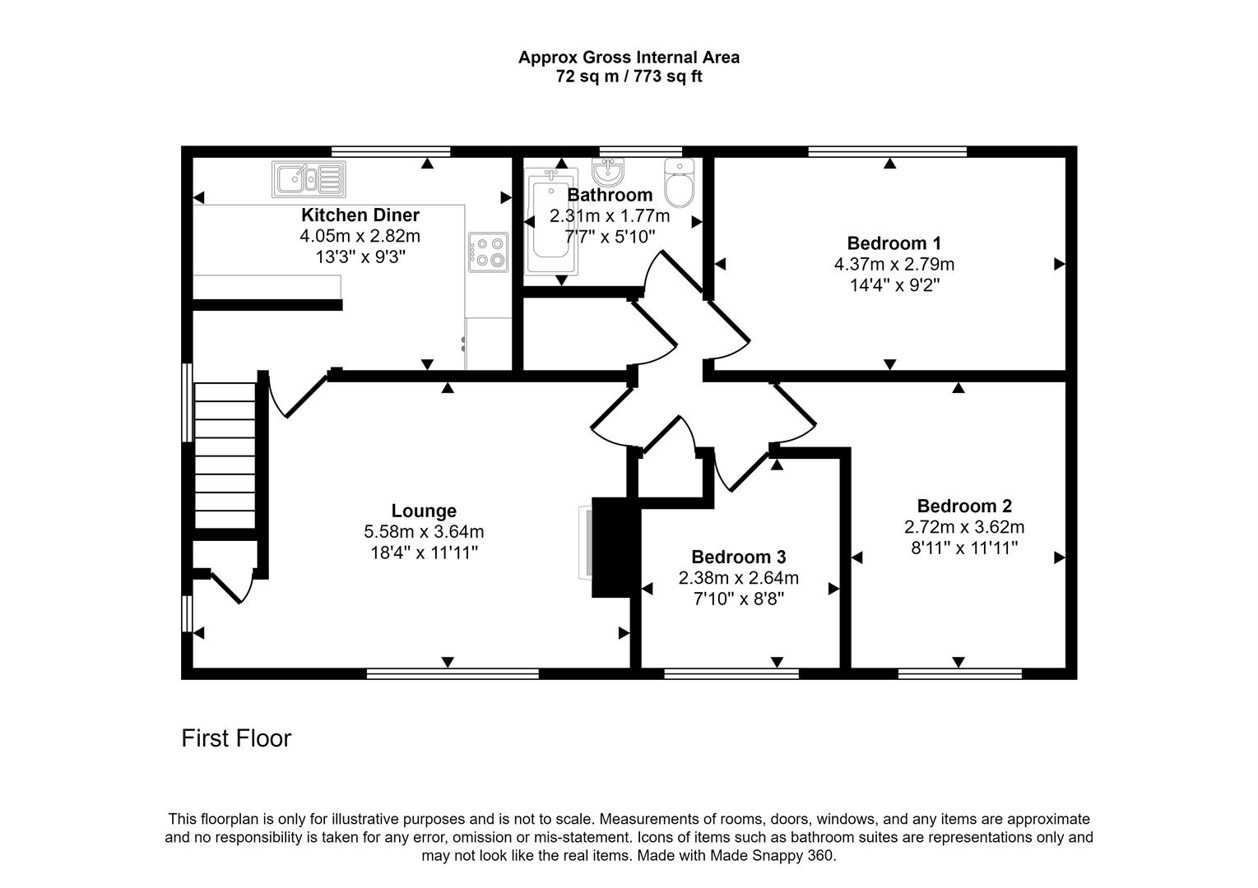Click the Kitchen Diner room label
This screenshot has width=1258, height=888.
tap(360, 215)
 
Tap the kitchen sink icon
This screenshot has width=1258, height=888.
tap(309, 178)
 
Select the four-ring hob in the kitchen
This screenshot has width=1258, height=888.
tap(489, 252)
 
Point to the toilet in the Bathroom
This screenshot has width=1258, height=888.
tap(680, 183)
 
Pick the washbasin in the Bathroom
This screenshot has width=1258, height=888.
tap(608, 171)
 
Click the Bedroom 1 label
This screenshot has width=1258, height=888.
tap(894, 243)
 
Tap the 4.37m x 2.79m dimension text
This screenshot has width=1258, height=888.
tap(894, 265)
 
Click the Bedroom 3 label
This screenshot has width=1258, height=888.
tap(738, 557)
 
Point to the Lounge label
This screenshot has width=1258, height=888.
tap(424, 511)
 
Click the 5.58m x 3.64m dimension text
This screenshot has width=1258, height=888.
tap(424, 532)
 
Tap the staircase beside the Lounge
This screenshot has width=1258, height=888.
tap(225, 456)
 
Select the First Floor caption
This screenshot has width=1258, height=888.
tap(236, 738)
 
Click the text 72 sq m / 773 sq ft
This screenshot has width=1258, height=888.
tap(629, 77)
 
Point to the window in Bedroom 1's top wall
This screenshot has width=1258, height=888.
tap(887, 151)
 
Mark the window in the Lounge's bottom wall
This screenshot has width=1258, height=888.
tap(453, 674)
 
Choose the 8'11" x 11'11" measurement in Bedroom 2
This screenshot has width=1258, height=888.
tap(964, 548)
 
